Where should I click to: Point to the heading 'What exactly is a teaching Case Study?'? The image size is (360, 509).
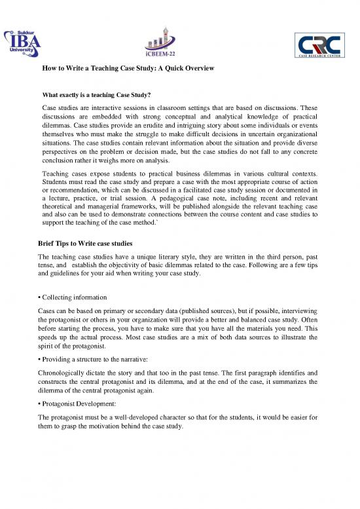click(101, 95)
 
